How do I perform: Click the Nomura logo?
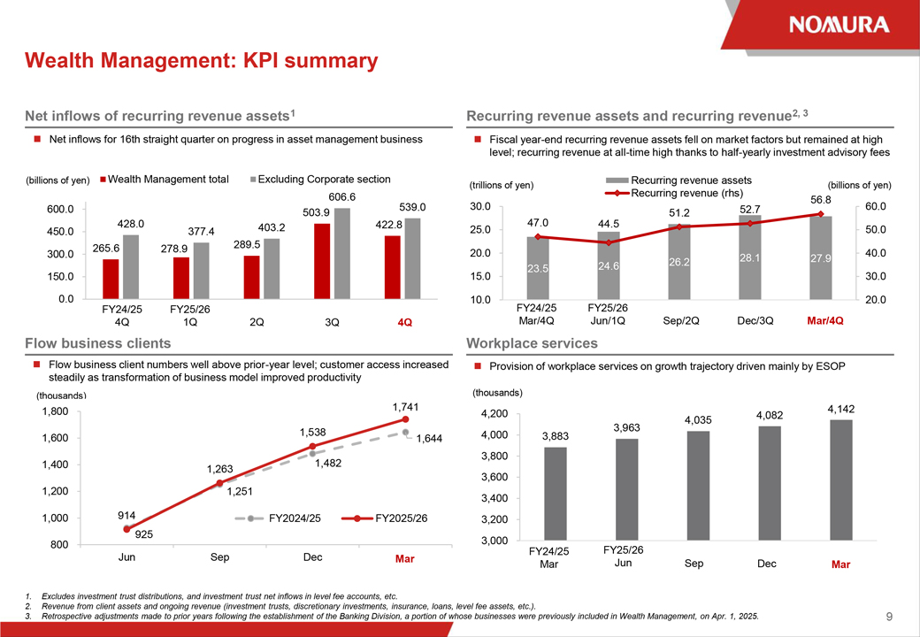click(839, 25)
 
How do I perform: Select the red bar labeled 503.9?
click(321, 261)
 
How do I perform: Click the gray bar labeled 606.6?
click(342, 253)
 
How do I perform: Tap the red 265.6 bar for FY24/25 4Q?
click(111, 280)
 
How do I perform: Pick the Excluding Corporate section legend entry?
click(320, 180)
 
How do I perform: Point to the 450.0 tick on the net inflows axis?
click(61, 232)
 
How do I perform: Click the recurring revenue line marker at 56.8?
click(820, 214)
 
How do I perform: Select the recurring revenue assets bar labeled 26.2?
click(678, 262)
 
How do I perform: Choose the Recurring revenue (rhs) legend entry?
click(674, 193)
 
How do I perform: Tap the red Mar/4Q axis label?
click(825, 321)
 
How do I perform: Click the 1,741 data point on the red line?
click(405, 419)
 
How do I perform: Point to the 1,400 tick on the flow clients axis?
click(55, 464)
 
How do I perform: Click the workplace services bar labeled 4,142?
click(840, 480)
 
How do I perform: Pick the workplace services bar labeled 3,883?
click(555, 494)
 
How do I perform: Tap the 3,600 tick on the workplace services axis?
click(494, 478)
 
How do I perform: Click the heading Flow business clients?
click(98, 343)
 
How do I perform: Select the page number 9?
click(889, 617)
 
